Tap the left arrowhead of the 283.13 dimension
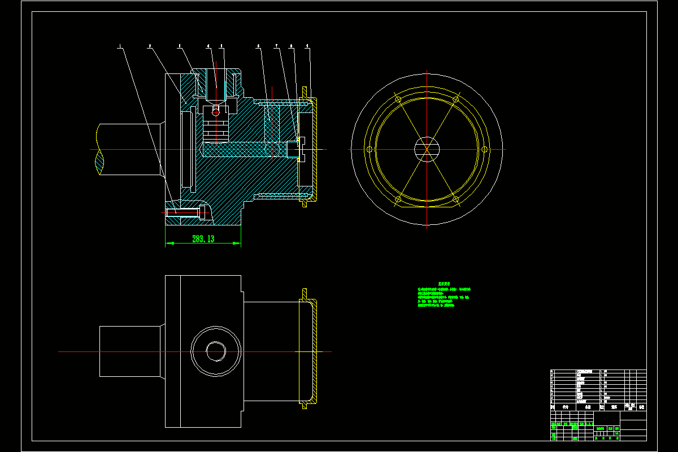pyautogui.click(x=168, y=244)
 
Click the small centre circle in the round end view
pyautogui.click(x=427, y=149)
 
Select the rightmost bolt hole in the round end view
pyautogui.click(x=484, y=149)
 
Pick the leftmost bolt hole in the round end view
pyautogui.click(x=369, y=149)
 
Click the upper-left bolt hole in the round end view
pyautogui.click(x=398, y=99)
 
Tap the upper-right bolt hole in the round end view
pyautogui.click(x=455, y=99)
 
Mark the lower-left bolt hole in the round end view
pyautogui.click(x=398, y=199)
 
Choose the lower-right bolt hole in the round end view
pyautogui.click(x=455, y=199)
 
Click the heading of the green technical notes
pyautogui.click(x=444, y=284)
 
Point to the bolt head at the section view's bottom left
pyautogui.click(x=203, y=212)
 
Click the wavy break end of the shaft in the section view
pyautogui.click(x=100, y=149)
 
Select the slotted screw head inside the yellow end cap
pyautogui.click(x=301, y=148)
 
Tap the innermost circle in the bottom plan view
pyautogui.click(x=215, y=351)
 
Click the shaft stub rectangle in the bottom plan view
pyautogui.click(x=130, y=351)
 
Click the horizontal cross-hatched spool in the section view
pyautogui.click(x=243, y=149)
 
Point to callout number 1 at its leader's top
pyautogui.click(x=120, y=46)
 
